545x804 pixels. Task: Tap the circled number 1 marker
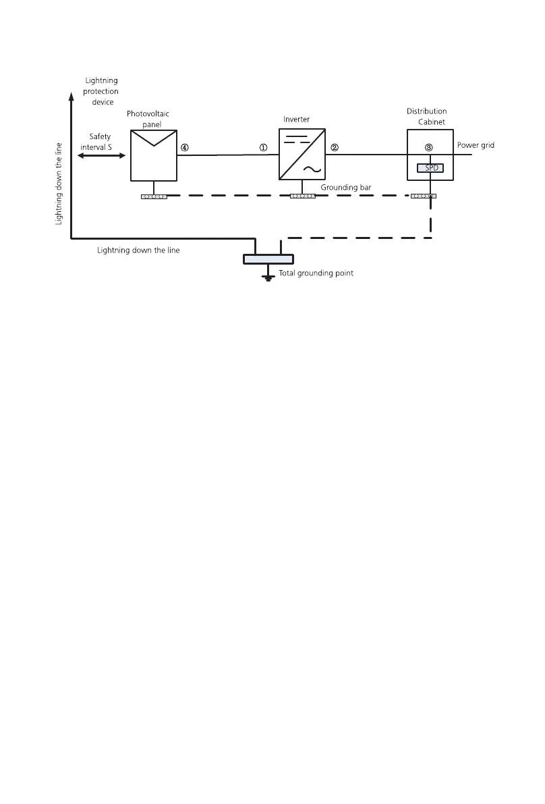point(264,147)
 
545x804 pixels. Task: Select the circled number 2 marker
point(334,147)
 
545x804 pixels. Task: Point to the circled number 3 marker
point(428,147)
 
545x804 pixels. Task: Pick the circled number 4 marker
point(184,147)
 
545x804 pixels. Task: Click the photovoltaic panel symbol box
point(154,155)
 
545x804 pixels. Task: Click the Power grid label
point(476,145)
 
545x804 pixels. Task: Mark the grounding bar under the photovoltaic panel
point(154,196)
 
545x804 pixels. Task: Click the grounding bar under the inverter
point(303,196)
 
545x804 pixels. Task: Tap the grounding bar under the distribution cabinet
point(423,196)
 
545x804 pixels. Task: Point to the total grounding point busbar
point(268,259)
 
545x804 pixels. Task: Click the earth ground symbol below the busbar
point(268,275)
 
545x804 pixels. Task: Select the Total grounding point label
point(316,273)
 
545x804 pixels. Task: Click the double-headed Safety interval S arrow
point(102,156)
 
